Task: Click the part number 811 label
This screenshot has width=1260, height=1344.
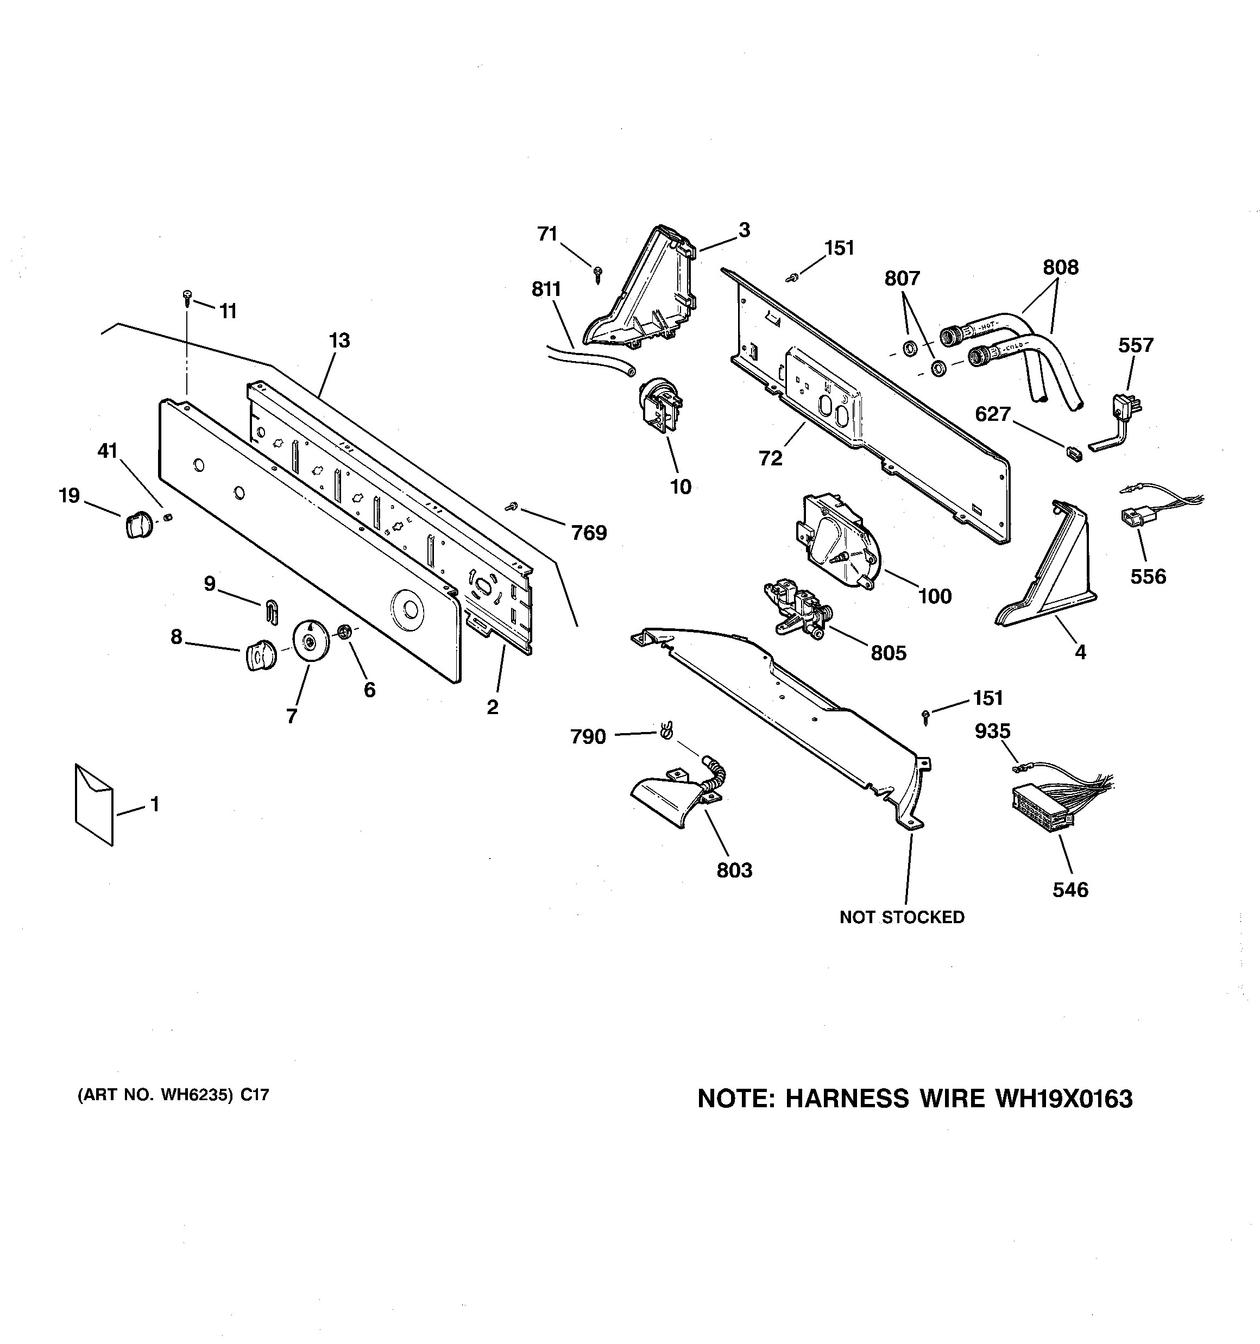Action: tap(546, 289)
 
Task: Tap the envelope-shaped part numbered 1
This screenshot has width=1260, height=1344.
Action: tap(93, 805)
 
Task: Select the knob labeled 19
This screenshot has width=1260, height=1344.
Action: tap(137, 525)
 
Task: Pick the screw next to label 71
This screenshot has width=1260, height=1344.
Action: tap(597, 273)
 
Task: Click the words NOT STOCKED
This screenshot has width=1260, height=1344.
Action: tap(902, 917)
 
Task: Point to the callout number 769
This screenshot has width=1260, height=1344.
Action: tap(588, 533)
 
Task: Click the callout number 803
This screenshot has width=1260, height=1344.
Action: tap(734, 870)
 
